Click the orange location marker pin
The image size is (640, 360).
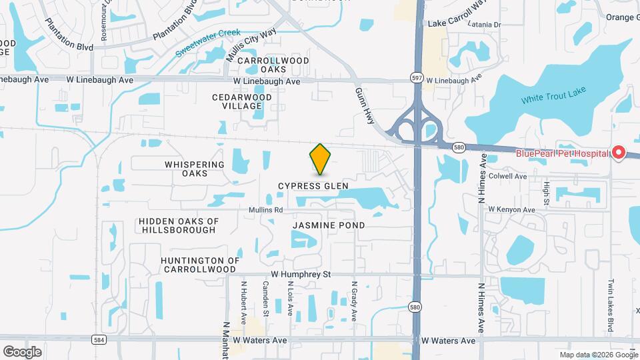[320, 159]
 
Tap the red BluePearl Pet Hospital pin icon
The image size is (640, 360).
[618, 153]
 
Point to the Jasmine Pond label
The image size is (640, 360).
[329, 225]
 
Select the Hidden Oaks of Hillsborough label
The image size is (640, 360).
[179, 225]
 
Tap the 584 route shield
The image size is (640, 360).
[99, 339]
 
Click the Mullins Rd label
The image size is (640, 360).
[266, 209]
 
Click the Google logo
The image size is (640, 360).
[22, 351]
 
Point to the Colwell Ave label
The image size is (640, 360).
[507, 177]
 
